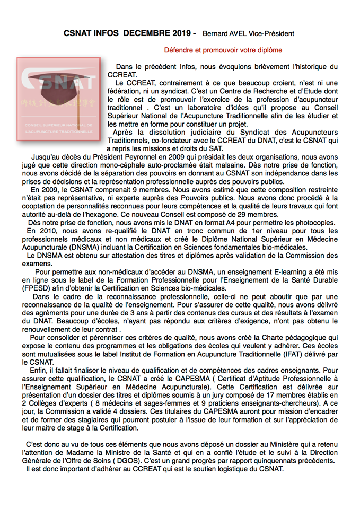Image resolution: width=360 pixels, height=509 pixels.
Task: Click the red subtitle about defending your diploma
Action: tap(223, 50)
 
